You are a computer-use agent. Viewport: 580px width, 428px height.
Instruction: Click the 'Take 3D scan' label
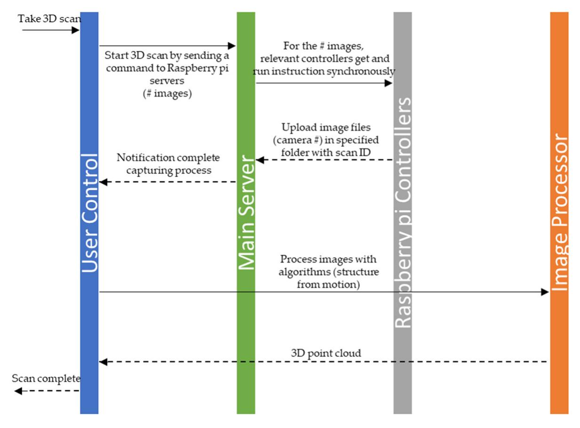[49, 19]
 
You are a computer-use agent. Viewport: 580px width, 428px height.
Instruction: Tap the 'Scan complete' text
[46, 379]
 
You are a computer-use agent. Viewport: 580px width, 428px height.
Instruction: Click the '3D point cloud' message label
[326, 353]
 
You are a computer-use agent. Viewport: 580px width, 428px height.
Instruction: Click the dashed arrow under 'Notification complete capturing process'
[168, 182]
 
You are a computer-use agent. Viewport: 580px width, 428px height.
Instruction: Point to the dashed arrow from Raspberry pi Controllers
[324, 160]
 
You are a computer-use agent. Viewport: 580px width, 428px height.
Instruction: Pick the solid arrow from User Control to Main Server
[167, 46]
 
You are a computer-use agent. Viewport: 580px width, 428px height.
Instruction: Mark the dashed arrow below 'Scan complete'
[47, 391]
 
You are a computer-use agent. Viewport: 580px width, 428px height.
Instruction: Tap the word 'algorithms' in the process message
[303, 272]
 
